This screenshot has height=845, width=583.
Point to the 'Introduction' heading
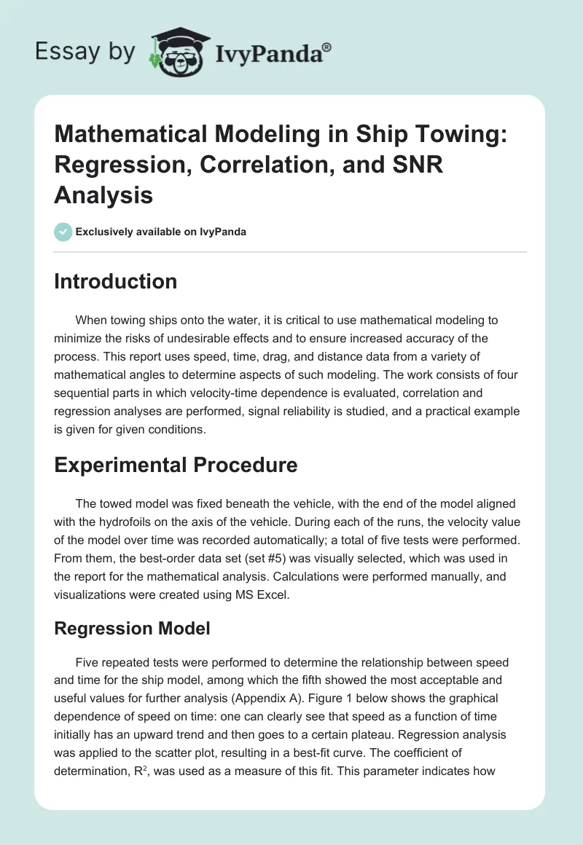tap(115, 281)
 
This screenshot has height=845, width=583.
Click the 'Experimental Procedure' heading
tap(176, 465)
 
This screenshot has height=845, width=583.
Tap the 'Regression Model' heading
tap(132, 628)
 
